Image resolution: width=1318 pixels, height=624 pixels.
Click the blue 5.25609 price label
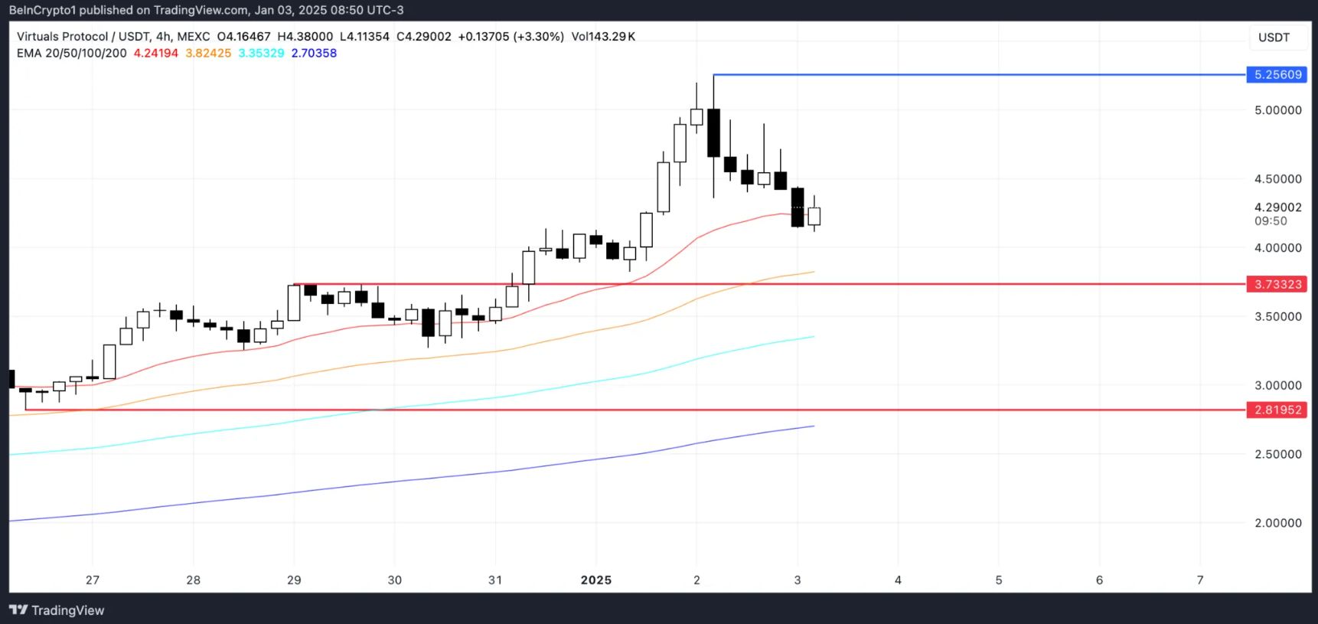[x=1277, y=75]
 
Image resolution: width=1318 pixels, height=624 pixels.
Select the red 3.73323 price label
[x=1277, y=285]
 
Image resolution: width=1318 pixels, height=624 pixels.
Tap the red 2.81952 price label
[x=1277, y=410]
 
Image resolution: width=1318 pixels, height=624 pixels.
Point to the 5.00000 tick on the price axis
[x=1277, y=110]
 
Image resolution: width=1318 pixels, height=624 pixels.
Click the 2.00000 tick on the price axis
[x=1277, y=523]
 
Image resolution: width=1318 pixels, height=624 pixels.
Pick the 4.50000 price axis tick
[x=1277, y=179]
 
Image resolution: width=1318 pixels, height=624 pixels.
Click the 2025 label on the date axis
[x=595, y=580]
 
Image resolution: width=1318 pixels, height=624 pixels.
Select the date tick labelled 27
[x=93, y=580]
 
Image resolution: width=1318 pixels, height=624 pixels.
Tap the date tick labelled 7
[x=1199, y=580]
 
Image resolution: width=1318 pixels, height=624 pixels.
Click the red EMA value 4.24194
[x=155, y=54]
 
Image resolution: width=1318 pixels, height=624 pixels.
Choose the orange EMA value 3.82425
[x=208, y=54]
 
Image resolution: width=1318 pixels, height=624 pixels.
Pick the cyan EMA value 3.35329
[x=261, y=54]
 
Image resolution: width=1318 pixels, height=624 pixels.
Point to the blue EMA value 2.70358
[x=314, y=54]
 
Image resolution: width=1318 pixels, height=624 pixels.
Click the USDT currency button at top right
[x=1274, y=38]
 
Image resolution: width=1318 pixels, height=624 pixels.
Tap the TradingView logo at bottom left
[x=57, y=610]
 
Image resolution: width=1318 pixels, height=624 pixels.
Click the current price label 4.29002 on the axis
[x=1277, y=207]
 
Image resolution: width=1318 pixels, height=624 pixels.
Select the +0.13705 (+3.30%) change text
[x=511, y=37]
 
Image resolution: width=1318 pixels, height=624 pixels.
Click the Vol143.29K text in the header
[x=603, y=37]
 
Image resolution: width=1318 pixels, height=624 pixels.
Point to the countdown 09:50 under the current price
[x=1271, y=221]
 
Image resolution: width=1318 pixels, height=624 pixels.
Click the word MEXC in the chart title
[x=193, y=37]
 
